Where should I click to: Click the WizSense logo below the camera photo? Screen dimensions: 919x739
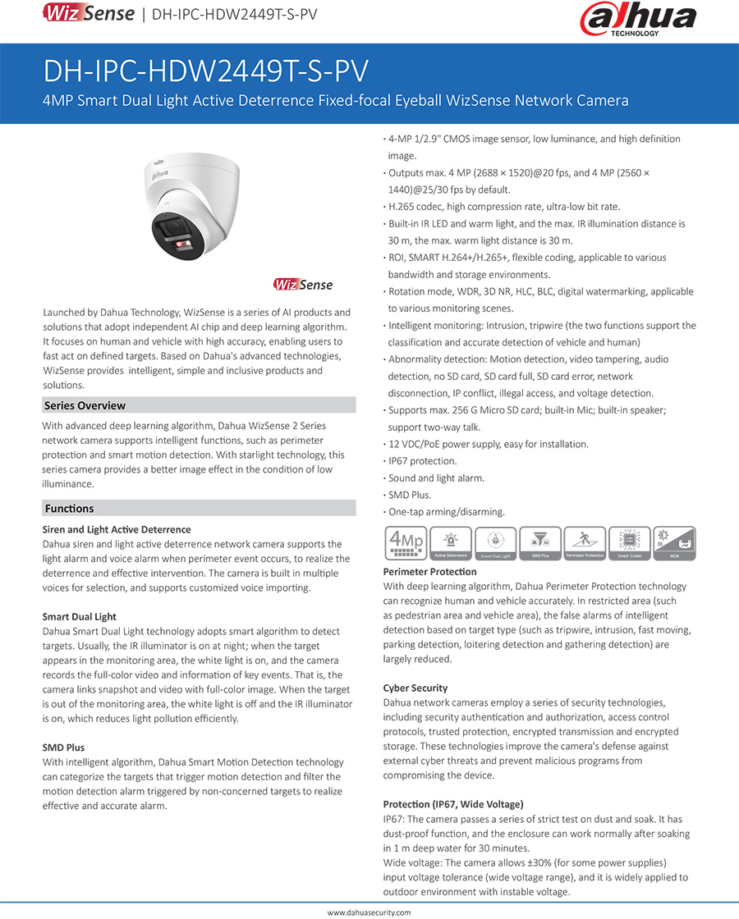coord(303,285)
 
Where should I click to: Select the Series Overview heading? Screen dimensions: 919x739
coord(85,405)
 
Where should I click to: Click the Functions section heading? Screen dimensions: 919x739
coord(70,509)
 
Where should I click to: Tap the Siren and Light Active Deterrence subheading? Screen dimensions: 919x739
coord(117,530)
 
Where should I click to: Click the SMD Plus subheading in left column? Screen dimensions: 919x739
coord(64,748)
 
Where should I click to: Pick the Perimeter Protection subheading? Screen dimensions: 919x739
coord(430,571)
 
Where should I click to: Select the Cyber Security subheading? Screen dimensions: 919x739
coord(415,688)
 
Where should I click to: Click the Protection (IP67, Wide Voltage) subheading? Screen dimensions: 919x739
coord(453,804)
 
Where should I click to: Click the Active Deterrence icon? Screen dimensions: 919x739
coord(450,543)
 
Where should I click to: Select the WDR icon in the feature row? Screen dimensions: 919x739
coord(674,543)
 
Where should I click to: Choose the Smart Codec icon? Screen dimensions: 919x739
coord(630,543)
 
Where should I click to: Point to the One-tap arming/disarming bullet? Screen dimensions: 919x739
coord(447,512)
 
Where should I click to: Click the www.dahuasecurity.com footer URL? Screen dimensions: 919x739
coord(369,912)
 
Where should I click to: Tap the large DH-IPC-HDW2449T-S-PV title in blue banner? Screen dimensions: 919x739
coord(206,71)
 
